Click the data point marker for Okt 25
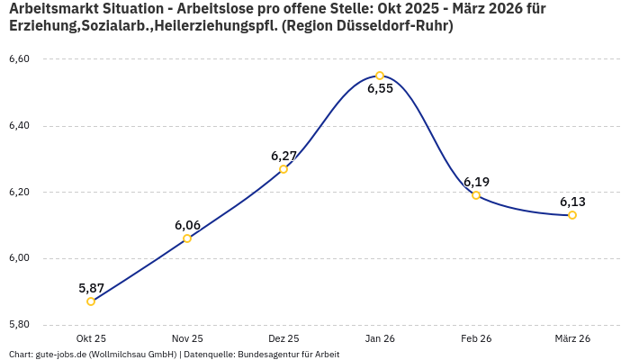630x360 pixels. pos(91,301)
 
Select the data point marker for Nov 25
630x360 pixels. pos(187,238)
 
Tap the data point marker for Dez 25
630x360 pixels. pos(283,169)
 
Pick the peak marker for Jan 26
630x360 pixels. pos(380,76)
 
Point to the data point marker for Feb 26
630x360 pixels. pos(476,195)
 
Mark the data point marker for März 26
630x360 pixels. pos(572,215)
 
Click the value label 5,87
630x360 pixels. pos(91,288)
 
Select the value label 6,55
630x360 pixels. pos(380,89)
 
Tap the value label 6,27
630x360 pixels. pos(283,156)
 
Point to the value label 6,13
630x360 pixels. pos(572,202)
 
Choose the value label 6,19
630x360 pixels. pos(476,182)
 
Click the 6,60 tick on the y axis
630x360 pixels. pos(19,59)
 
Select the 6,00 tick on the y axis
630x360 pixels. pos(19,258)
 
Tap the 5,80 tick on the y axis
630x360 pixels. pos(19,324)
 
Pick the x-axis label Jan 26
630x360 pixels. pos(380,338)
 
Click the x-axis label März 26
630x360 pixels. pos(572,338)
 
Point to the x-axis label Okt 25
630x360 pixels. pos(91,338)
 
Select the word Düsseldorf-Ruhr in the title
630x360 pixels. pos(393,27)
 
